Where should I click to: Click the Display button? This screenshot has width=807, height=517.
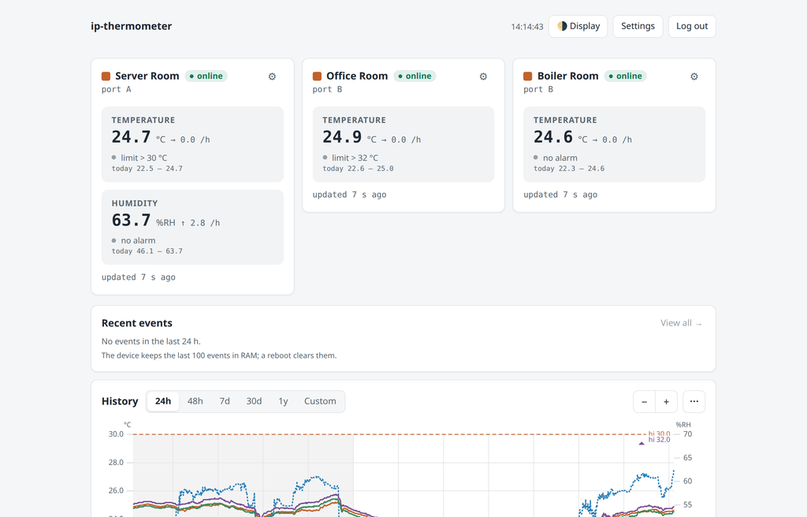pos(578,26)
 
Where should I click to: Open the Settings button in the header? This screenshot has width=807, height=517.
pos(638,26)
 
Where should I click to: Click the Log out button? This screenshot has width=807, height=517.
pos(692,26)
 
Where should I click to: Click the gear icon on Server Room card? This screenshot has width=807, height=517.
pos(272,76)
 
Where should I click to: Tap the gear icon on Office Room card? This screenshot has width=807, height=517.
pos(483,76)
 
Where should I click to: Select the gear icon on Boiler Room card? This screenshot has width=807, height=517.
pos(694,76)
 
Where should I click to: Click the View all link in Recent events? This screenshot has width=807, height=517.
pos(681,323)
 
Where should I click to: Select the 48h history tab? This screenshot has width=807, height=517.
pos(195,401)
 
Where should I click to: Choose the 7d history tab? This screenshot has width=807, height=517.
pos(225,401)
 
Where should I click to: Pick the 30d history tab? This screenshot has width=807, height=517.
pos(254,401)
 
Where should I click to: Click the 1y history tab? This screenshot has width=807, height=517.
pos(283,401)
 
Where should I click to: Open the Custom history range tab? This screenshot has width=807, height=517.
pos(320,401)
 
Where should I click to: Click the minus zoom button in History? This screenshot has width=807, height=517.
pos(645,402)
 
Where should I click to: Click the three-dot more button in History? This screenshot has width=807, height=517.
pos(694,402)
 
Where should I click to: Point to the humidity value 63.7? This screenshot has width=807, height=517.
pos(132,221)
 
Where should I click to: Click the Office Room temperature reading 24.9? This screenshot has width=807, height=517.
pos(342,137)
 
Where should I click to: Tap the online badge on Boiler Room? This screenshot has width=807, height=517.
pos(625,76)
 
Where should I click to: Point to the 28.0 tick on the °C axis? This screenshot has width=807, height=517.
pos(116,463)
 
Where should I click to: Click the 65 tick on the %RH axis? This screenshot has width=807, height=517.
pos(687,458)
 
